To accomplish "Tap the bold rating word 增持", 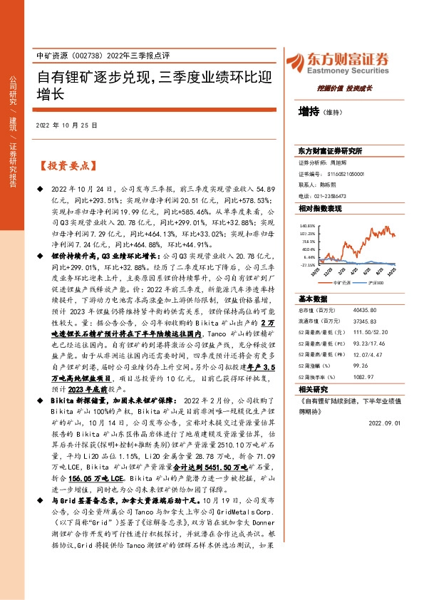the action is tap(309, 111).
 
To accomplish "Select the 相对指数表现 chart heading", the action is tap(320, 208).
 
